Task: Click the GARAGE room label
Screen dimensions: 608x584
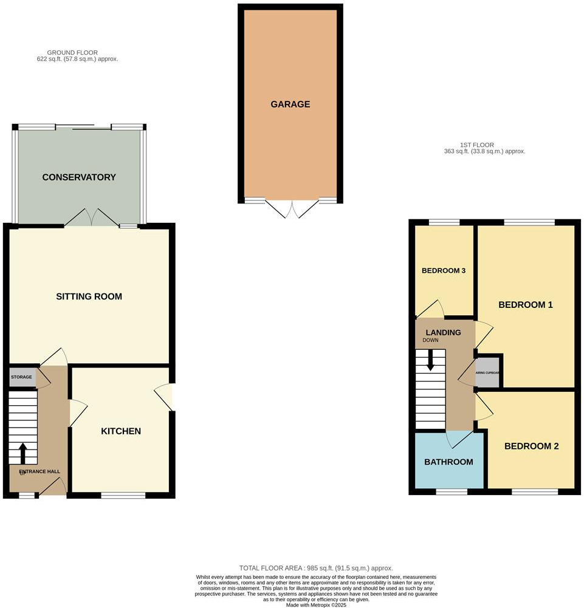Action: click(x=290, y=104)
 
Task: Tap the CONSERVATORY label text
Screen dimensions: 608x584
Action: click(x=79, y=177)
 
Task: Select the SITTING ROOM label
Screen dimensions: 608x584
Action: click(x=89, y=296)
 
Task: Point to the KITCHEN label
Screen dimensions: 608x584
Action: click(x=121, y=431)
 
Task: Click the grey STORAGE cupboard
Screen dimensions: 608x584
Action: click(x=22, y=378)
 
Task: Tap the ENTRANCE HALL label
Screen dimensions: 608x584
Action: click(x=40, y=471)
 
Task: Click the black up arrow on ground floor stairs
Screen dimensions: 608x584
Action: click(x=23, y=452)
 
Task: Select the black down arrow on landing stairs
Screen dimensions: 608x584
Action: click(x=431, y=362)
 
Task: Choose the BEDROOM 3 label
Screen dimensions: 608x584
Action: click(x=444, y=270)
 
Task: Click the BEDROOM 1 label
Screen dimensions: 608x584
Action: click(x=526, y=305)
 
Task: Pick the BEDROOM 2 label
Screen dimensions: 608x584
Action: click(x=532, y=446)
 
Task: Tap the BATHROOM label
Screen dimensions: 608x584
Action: click(x=448, y=462)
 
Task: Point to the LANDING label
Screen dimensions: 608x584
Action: click(x=443, y=332)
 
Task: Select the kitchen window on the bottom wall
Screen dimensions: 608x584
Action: click(x=123, y=496)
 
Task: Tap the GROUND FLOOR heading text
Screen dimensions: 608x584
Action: click(x=72, y=53)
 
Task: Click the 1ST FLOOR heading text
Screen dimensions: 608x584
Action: click(x=475, y=145)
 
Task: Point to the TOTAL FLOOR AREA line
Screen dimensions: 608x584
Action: click(x=316, y=566)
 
